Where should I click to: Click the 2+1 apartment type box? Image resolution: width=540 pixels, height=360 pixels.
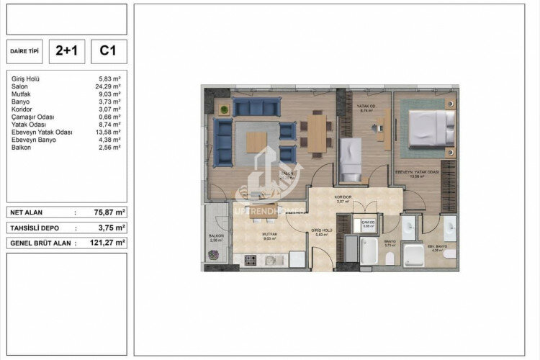(71, 50)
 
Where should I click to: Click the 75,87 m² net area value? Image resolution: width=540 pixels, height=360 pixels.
(109, 212)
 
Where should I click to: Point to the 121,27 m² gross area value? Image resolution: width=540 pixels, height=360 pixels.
(109, 243)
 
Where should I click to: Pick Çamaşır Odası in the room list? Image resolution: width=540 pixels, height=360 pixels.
(33, 117)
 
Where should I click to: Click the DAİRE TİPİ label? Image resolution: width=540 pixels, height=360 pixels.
(25, 51)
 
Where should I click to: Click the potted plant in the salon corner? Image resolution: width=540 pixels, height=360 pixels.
(225, 109)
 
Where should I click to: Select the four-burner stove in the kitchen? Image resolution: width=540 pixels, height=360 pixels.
(251, 260)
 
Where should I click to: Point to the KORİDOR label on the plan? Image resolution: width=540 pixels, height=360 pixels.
(342, 197)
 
